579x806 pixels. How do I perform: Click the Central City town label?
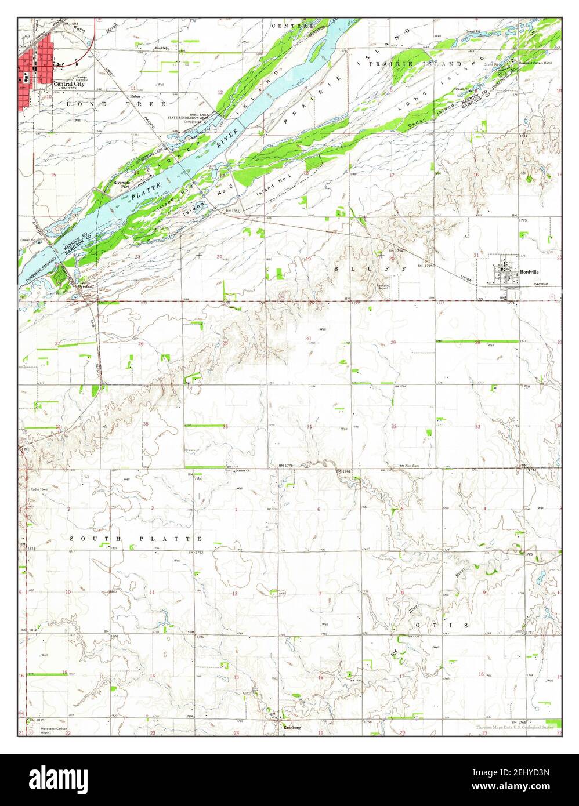coord(64,83)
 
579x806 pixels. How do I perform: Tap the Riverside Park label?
coord(121,185)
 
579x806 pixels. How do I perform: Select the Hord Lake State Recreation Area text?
coord(196,117)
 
